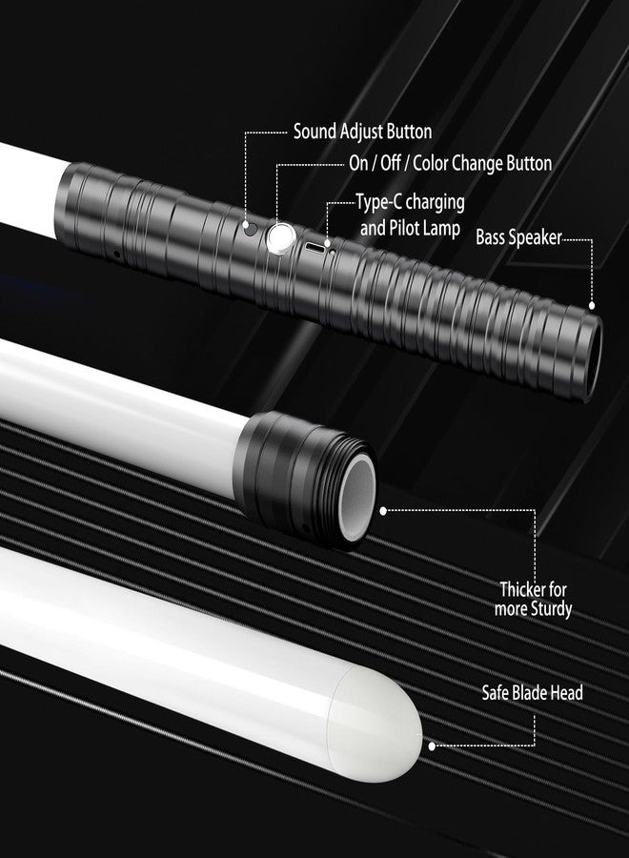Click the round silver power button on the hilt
coord(281,238)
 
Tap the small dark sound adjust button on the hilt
coord(251,228)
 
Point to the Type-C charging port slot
coord(314,246)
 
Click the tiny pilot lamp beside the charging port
coord(332,252)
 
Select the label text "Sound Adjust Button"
coord(363,132)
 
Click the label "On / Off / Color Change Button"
coord(450,163)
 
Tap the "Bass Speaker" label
coord(518,237)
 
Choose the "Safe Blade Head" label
coord(532,693)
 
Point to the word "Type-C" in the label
coord(379,202)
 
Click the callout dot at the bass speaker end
coord(591,305)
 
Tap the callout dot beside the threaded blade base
coord(383,511)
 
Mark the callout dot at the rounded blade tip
coord(432,746)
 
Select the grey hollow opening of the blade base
coord(356,499)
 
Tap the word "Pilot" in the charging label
coord(403,228)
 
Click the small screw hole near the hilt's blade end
coord(116,255)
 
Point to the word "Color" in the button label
coord(431,163)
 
